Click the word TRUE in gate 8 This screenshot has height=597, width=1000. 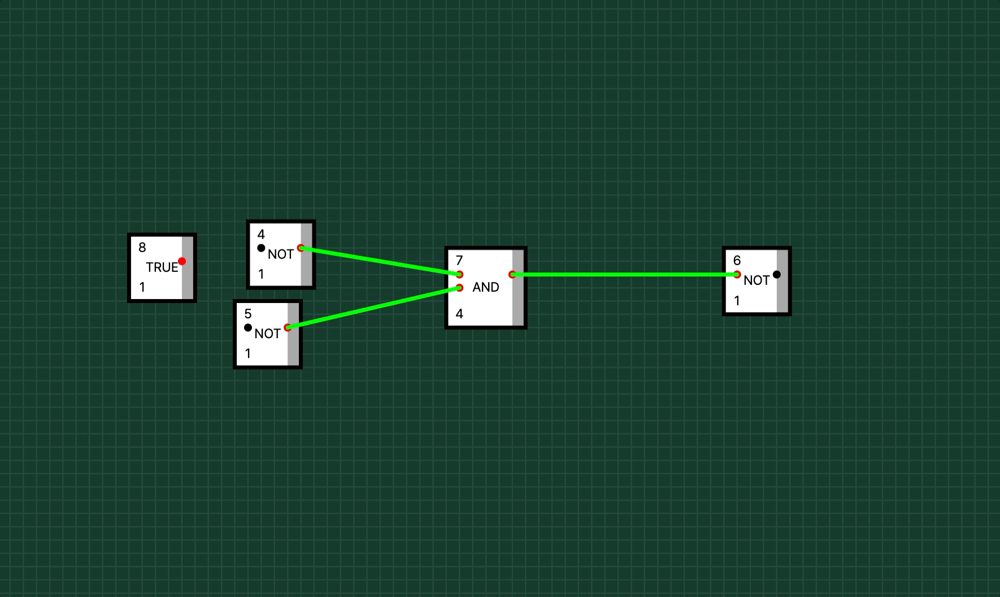tap(162, 267)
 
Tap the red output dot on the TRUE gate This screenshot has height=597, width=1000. tap(182, 261)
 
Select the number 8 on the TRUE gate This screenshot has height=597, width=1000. tap(142, 247)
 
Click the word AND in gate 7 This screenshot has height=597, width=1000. tap(486, 287)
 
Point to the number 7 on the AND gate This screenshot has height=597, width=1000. tap(459, 260)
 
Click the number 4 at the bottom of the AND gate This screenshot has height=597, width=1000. tap(459, 314)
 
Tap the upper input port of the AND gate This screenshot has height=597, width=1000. tap(459, 275)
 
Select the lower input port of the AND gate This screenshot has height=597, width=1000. tap(459, 288)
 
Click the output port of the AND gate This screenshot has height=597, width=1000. tap(512, 275)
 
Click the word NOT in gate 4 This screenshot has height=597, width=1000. tap(281, 254)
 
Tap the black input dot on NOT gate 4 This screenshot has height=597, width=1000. tap(261, 248)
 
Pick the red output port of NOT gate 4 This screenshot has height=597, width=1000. tap(301, 248)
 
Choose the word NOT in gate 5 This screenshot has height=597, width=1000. tap(268, 334)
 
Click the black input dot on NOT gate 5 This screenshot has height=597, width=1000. tap(248, 327)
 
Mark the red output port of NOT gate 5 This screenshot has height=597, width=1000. tap(288, 327)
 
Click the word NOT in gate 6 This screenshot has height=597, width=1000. tap(756, 280)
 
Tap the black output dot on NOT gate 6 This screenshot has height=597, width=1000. tap(777, 275)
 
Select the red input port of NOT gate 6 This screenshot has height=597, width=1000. tap(737, 275)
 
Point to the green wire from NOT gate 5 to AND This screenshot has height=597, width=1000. tap(373, 308)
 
